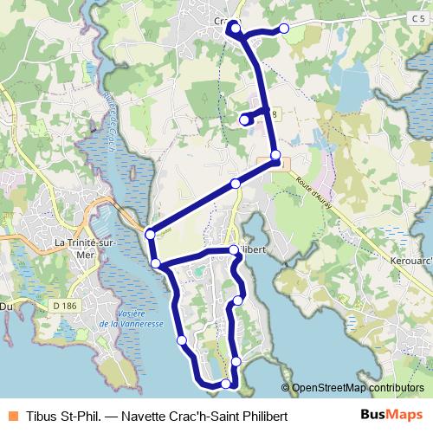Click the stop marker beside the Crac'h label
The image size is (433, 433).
[x=232, y=28]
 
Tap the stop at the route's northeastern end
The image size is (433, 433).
[x=284, y=28]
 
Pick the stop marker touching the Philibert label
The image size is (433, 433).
[x=234, y=250]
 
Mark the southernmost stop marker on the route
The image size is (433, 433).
[x=226, y=384]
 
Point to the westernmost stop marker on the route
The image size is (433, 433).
[x=150, y=234]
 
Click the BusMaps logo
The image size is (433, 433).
[x=391, y=415]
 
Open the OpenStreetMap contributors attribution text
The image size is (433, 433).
[x=357, y=388]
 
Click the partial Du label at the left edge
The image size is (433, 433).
[x=8, y=305]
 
